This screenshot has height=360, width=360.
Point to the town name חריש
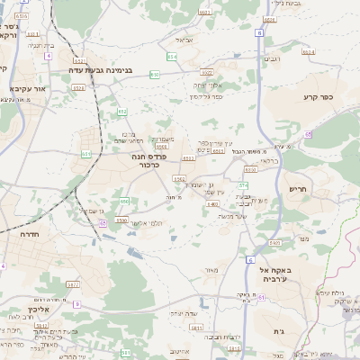click(x=298, y=190)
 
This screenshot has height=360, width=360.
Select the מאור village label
click(x=212, y=269)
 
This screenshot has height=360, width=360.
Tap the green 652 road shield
click(x=122, y=111)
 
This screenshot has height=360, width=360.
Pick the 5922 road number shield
click(x=276, y=244)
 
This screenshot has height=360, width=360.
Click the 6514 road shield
click(x=309, y=52)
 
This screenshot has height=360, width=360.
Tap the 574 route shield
click(x=244, y=184)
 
